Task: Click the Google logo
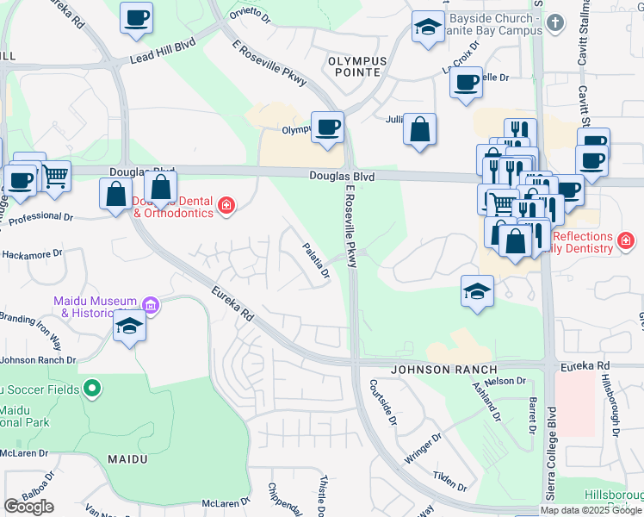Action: click(28, 507)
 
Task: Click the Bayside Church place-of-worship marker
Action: click(555, 23)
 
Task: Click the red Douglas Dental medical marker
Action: click(226, 205)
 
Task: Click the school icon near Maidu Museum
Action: click(129, 326)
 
